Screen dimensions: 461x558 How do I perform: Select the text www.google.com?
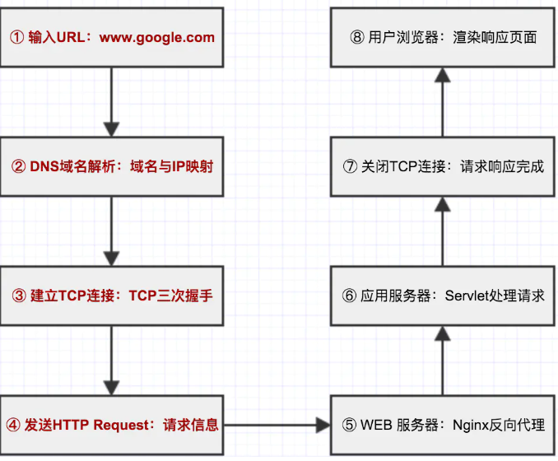pos(168,37)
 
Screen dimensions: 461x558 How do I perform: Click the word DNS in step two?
pos(44,166)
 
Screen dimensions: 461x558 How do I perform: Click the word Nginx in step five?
pos(470,426)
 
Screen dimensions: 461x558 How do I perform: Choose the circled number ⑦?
pos(349,166)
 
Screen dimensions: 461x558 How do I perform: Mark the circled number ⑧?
pos(356,37)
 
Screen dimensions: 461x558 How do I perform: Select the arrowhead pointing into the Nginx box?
pos(322,426)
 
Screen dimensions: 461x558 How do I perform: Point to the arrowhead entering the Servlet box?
pos(443,333)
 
